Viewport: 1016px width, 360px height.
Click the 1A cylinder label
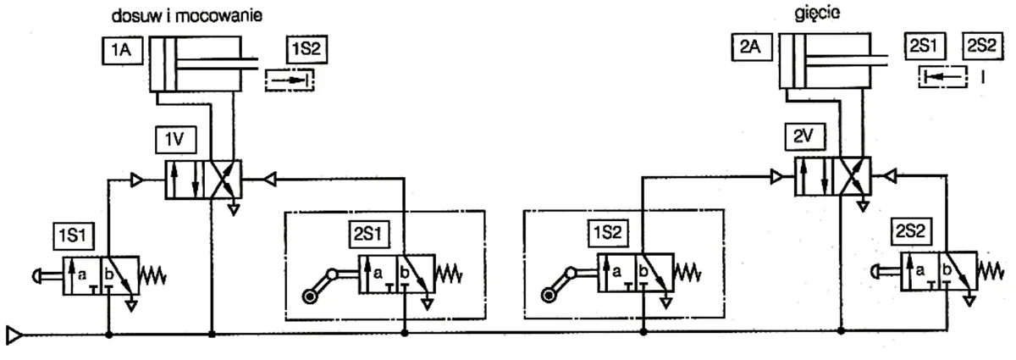[122, 50]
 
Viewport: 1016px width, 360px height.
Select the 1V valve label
[175, 140]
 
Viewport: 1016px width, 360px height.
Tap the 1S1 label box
[74, 235]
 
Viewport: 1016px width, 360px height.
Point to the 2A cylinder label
[752, 47]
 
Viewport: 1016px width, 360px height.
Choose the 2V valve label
[804, 136]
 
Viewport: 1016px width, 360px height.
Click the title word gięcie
[817, 13]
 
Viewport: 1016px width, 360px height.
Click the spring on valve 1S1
[153, 275]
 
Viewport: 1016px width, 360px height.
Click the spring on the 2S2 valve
[990, 271]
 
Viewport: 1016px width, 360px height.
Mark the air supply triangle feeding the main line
[14, 335]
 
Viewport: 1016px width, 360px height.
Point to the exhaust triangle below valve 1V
[234, 210]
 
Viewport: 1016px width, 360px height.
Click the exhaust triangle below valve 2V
[863, 207]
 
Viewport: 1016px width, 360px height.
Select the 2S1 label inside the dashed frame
[369, 235]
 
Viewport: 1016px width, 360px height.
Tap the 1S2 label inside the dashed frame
[608, 233]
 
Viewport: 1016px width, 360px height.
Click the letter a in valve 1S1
[82, 274]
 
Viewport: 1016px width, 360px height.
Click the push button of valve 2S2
[886, 271]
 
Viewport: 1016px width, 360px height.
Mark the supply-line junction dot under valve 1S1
[109, 335]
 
